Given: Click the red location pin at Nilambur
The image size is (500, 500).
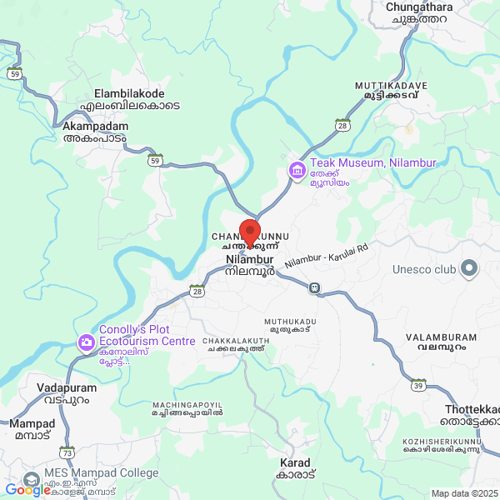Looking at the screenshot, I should (x=250, y=231).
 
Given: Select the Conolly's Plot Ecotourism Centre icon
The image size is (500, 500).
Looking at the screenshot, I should (x=86, y=342).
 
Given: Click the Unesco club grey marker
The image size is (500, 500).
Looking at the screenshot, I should (x=469, y=268).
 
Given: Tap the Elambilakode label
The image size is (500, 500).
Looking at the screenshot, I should (x=129, y=93).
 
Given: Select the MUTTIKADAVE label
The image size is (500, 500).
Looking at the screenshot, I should (x=391, y=86).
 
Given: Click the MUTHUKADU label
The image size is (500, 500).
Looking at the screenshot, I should (x=290, y=321).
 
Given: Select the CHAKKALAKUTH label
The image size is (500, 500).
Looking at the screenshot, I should (x=236, y=342).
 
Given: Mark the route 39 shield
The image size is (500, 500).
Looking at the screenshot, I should (x=418, y=384).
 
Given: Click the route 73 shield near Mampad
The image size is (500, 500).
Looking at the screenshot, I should (x=67, y=452).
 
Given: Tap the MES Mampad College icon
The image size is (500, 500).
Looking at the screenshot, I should (x=31, y=479).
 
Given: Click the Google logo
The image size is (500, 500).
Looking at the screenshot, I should (x=27, y=490).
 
